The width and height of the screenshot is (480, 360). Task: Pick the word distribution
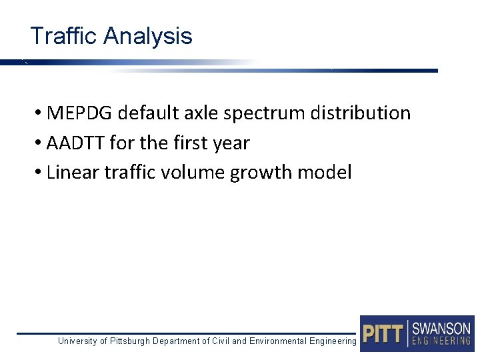click(x=361, y=113)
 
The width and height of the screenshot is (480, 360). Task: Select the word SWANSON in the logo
click(x=441, y=328)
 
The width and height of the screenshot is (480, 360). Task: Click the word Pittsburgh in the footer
click(x=129, y=341)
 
